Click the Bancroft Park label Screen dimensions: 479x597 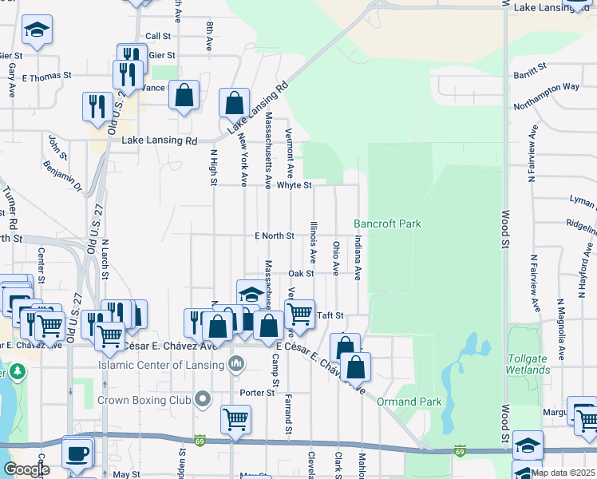(387, 224)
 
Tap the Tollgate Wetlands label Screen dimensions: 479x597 (528, 364)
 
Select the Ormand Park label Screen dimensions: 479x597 (399, 401)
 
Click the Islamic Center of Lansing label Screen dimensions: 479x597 (162, 366)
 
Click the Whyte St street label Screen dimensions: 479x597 (294, 185)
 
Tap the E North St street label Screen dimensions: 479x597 (275, 236)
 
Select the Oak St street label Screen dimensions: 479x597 (301, 273)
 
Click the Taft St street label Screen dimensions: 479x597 (330, 316)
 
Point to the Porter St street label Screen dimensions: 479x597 (258, 393)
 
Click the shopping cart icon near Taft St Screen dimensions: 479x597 (299, 312)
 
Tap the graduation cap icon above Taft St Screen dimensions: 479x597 (251, 294)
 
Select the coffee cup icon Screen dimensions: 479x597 (77, 453)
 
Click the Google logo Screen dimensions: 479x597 (26, 470)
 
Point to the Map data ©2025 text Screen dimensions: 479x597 (562, 473)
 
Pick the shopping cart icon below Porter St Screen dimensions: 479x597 (236, 418)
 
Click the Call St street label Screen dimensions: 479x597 (158, 37)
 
